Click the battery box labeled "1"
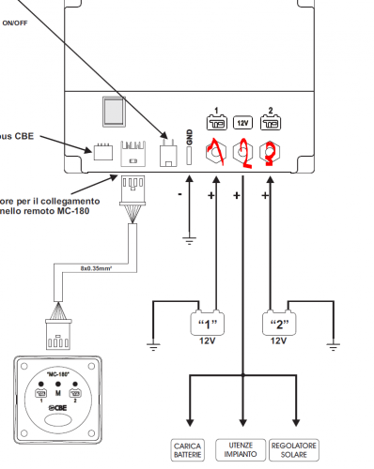(208, 324)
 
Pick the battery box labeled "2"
(278, 324)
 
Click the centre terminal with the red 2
(242, 149)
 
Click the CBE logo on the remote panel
(59, 406)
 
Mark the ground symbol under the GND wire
(188, 241)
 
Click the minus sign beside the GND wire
(179, 196)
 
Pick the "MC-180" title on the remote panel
(58, 372)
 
